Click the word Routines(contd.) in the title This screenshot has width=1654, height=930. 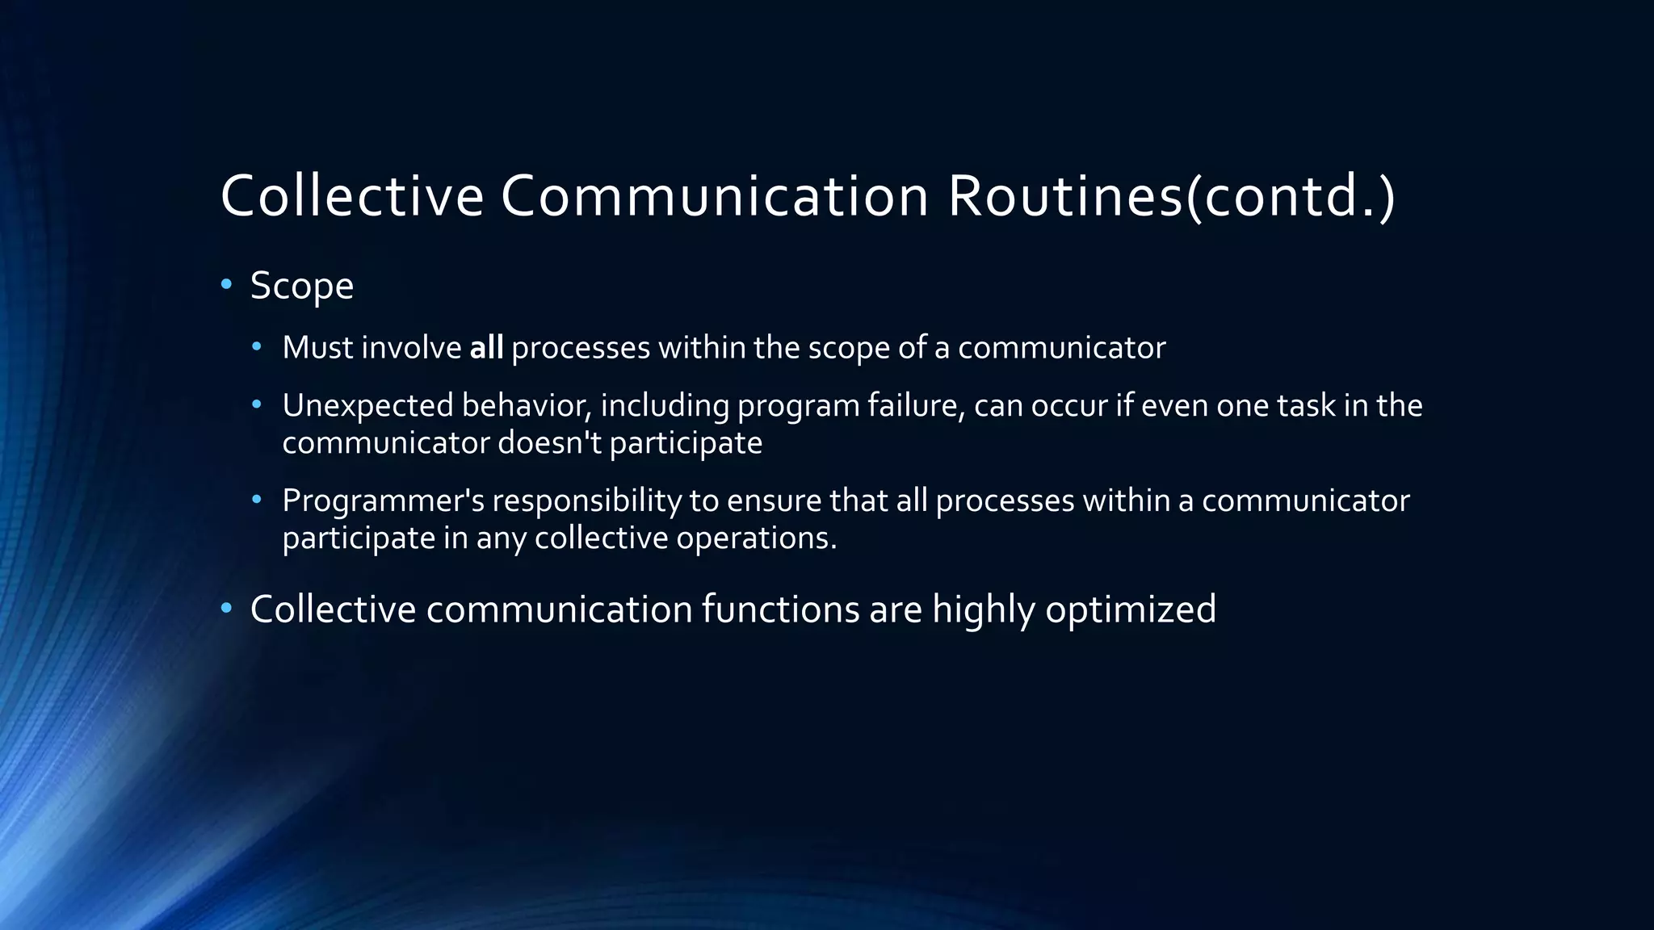coord(1171,196)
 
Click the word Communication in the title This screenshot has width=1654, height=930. coord(714,196)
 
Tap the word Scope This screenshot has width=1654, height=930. coord(301,286)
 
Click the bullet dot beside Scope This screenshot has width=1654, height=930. coord(226,284)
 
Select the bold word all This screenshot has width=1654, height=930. coord(486,348)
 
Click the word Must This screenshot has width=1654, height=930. coord(318,348)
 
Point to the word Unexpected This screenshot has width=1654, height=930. coord(367,406)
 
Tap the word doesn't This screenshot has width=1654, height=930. coord(549,442)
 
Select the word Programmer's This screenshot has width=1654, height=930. coord(383,501)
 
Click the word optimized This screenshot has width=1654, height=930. coord(1130,610)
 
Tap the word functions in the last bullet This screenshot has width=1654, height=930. coord(780,610)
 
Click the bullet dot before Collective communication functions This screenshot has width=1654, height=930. coord(226,607)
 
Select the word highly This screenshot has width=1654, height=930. coord(983,610)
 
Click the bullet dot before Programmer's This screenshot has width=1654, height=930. coord(257,500)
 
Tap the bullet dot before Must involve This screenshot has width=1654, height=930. coord(257,347)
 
